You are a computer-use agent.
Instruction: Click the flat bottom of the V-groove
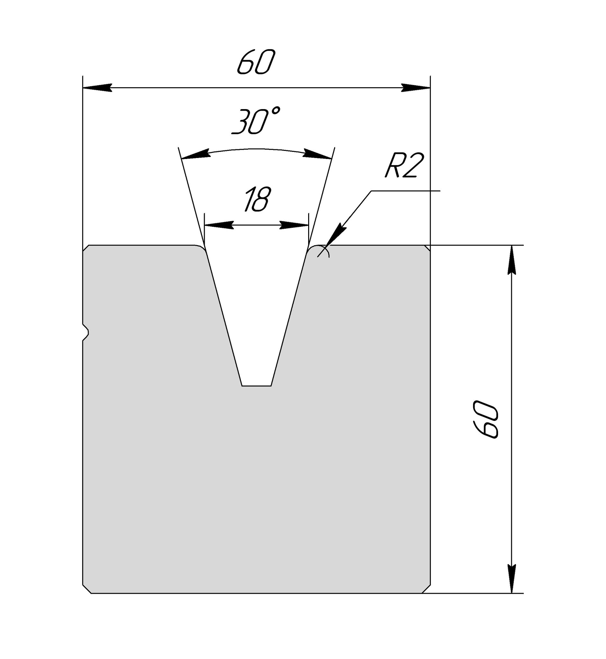256,386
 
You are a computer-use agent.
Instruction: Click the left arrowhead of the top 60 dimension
97,88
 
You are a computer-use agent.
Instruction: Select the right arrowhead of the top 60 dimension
416,88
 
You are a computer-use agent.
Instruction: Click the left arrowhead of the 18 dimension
219,225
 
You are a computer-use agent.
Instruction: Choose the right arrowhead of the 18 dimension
294,225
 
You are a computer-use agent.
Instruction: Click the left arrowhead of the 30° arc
196,155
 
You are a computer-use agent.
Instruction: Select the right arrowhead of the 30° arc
317,155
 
